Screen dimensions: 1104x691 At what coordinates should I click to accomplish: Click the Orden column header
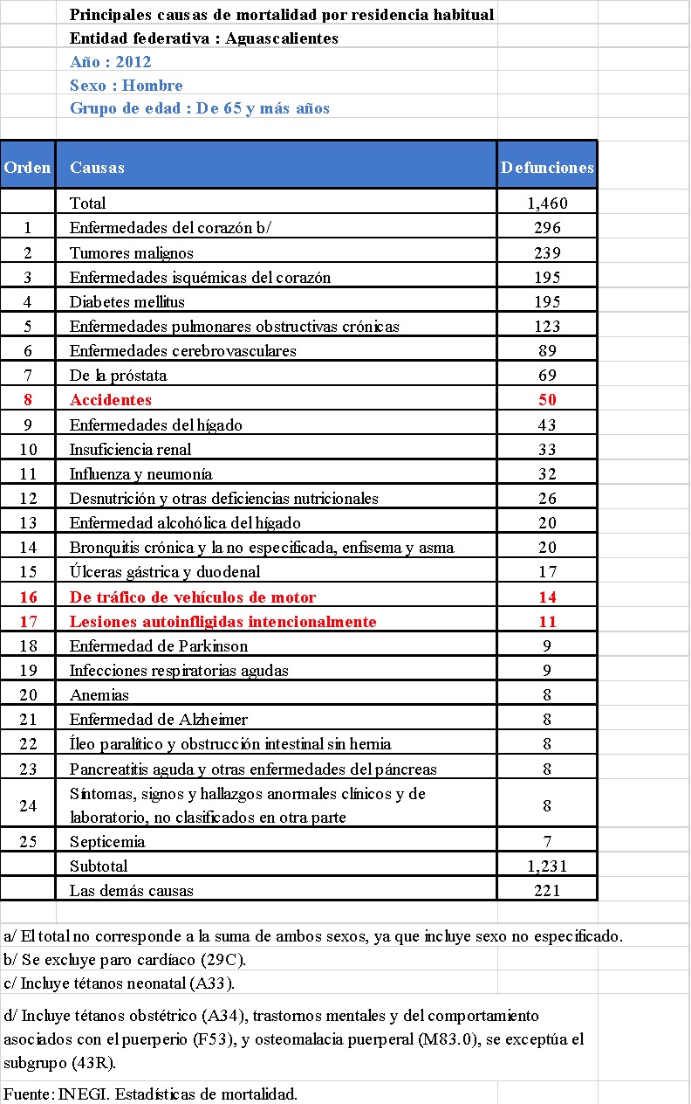(x=28, y=168)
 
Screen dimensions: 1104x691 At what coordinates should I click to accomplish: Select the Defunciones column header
(x=547, y=168)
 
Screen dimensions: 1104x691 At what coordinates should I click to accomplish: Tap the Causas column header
(x=97, y=168)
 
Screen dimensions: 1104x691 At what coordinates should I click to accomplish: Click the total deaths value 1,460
(x=547, y=204)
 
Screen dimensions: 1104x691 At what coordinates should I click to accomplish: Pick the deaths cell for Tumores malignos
(x=547, y=252)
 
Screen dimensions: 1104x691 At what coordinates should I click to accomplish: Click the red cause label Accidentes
(x=111, y=400)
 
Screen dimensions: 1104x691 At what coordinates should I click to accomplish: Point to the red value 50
(x=547, y=400)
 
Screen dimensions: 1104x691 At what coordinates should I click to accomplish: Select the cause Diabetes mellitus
(x=127, y=301)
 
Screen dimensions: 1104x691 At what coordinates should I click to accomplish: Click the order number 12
(x=28, y=498)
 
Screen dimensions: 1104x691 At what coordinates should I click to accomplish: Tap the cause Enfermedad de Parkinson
(x=159, y=646)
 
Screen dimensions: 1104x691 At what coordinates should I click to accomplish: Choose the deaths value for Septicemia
(x=547, y=842)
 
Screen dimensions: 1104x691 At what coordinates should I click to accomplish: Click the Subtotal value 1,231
(x=547, y=866)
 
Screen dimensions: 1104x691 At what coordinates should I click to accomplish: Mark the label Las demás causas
(x=132, y=891)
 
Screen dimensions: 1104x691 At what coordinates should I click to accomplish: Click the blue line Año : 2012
(x=111, y=62)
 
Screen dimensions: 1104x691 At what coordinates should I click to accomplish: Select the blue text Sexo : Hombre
(x=127, y=86)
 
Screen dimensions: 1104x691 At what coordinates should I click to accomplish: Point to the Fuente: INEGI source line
(x=150, y=1094)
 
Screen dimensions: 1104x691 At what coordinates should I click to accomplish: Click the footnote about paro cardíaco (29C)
(x=125, y=959)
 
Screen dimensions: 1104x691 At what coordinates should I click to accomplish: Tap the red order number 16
(x=28, y=597)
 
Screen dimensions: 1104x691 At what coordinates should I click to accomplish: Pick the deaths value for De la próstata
(x=547, y=376)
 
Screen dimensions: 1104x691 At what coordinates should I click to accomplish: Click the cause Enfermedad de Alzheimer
(x=159, y=720)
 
